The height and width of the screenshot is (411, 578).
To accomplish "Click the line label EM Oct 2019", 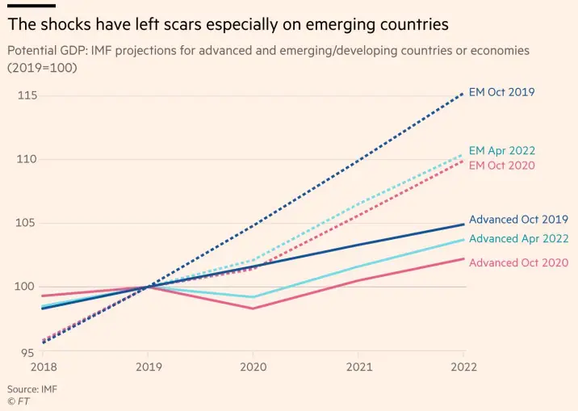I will pos(501,92).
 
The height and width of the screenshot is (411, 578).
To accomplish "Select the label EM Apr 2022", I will pos(501,151).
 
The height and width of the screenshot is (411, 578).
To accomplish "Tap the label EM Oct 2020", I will pos(501,166).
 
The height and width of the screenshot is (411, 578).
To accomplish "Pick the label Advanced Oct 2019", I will pos(518,220).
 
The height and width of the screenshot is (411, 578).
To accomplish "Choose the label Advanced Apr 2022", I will pos(517,238).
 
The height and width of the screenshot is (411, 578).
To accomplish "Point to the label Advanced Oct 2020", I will pos(518,262).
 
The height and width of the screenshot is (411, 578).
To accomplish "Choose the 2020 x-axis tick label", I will pos(253,367).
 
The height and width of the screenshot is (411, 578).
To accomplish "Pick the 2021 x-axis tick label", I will pos(358,367).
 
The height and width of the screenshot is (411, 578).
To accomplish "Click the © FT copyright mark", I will pos(19,401).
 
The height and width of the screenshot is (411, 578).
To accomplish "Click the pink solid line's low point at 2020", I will pos(253,308).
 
